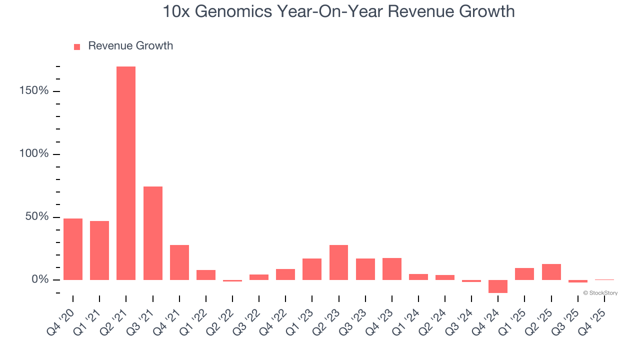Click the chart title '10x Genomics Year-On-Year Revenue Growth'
tap(338, 11)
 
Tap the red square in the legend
tap(77, 47)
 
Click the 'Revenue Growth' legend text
tap(130, 46)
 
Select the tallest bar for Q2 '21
tap(126, 173)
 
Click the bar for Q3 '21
tap(153, 233)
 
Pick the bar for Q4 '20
tap(73, 249)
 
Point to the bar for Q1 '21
tap(99, 250)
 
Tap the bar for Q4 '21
tap(179, 262)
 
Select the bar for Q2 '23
tap(339, 262)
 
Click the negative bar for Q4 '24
tap(498, 286)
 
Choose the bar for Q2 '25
tap(551, 271)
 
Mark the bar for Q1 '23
tap(312, 269)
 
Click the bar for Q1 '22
tap(206, 274)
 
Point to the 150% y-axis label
tap(34, 91)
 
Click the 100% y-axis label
tap(34, 154)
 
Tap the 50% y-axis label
tap(37, 217)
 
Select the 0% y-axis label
tap(40, 279)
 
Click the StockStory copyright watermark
tap(600, 293)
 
